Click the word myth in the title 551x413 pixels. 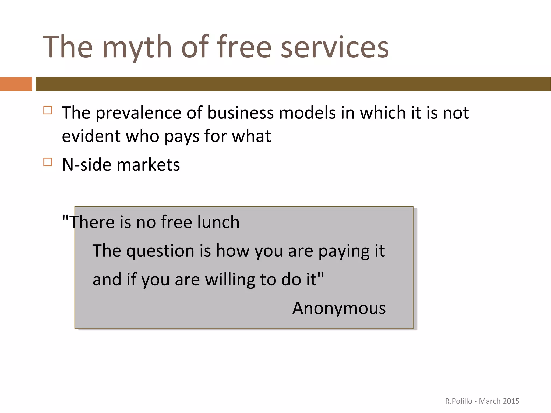137,48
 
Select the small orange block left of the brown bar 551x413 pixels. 16,84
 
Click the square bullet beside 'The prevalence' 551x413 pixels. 48,110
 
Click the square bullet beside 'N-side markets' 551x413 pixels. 48,162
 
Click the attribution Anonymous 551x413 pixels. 339,308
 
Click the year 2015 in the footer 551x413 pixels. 511,401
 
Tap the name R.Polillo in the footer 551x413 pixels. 459,401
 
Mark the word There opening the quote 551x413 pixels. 90,222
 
